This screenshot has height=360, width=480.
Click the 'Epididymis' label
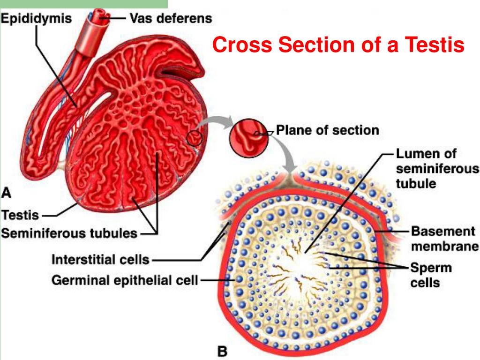36,19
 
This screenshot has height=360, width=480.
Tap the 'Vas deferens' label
171,19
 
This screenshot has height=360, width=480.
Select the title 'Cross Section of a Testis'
337,45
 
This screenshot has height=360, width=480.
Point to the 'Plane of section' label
327,130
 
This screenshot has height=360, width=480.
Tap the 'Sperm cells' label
431,275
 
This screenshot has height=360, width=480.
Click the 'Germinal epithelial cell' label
125,281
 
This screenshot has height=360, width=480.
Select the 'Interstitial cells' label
100,259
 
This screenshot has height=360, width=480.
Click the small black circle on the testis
195,138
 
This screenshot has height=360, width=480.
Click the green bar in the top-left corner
84,4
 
